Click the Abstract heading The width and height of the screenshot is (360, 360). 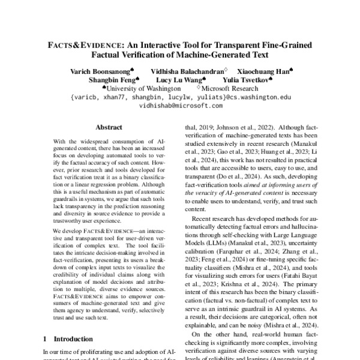(x=109, y=128)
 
